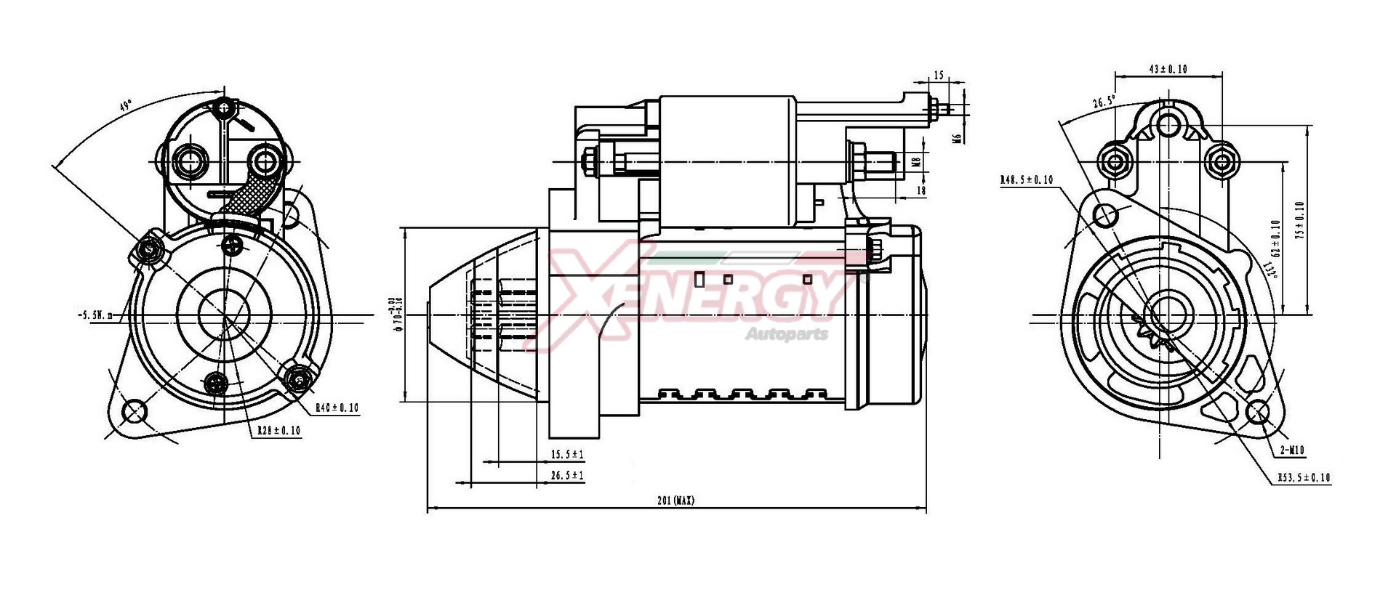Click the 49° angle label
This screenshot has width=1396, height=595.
coord(125,106)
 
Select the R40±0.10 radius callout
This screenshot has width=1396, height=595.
coord(337,408)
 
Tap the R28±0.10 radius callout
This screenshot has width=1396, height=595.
coord(278,431)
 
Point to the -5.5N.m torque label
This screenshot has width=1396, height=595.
coord(95,315)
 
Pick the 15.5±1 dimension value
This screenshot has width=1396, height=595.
coord(567,454)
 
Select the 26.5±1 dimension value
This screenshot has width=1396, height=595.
coord(567,475)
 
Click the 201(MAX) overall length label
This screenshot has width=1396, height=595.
coord(675,501)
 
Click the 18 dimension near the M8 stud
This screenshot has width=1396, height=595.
coord(921,190)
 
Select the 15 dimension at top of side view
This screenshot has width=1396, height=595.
coord(938,76)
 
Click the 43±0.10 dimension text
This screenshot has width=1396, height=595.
coord(1168,69)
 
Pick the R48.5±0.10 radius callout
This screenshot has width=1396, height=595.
coord(1026,179)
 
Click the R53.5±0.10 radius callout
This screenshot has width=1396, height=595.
coord(1304,477)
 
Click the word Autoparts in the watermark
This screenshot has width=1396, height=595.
coord(786,335)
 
